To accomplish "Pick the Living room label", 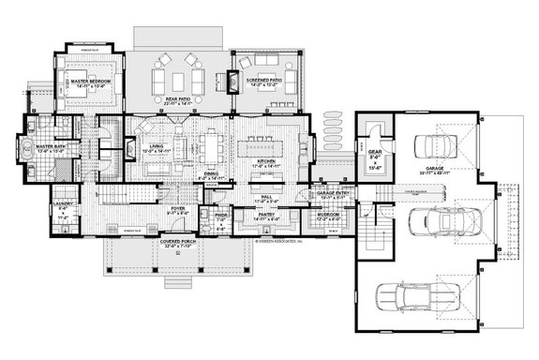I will point(150,147).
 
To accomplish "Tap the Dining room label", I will point(211,174).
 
